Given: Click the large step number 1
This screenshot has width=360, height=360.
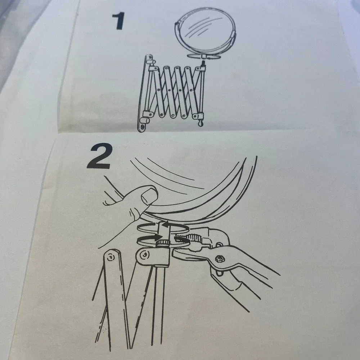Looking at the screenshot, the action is tap(119, 21).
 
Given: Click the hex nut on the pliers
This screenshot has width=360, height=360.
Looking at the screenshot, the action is tap(219, 259).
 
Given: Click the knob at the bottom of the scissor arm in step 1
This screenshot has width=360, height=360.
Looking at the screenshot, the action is tap(200, 123).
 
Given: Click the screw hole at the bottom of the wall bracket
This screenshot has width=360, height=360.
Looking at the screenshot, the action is tap(143, 126).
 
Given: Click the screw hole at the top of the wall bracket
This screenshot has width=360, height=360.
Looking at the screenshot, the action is tap(150, 57).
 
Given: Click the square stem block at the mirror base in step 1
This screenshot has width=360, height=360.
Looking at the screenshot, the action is tap(203, 56).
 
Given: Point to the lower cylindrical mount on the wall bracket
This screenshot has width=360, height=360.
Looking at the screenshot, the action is tap(145, 120).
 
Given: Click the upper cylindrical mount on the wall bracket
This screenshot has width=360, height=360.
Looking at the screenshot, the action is tap(151, 62).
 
